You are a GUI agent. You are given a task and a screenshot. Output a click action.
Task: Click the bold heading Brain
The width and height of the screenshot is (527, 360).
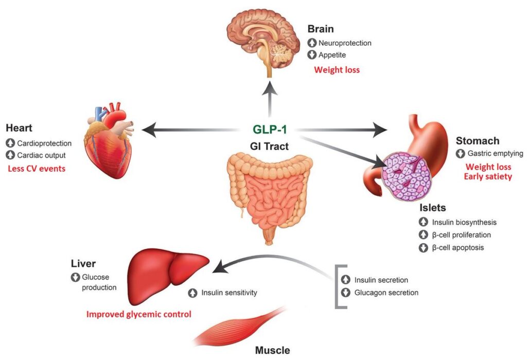click(x=321, y=30)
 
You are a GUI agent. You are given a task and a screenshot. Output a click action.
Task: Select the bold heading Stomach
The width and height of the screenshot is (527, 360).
click(x=478, y=140)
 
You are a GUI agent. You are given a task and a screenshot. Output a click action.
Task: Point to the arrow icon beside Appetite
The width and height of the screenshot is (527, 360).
click(x=312, y=55)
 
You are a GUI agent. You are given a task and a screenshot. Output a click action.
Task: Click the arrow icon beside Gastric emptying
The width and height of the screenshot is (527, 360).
click(x=460, y=153)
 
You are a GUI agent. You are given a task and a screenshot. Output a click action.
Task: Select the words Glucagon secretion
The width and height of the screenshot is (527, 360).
click(x=386, y=293)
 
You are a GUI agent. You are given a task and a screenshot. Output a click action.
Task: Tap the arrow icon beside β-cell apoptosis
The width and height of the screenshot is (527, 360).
click(x=424, y=247)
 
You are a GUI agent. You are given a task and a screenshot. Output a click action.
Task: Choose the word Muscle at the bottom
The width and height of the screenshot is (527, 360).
click(x=273, y=351)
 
